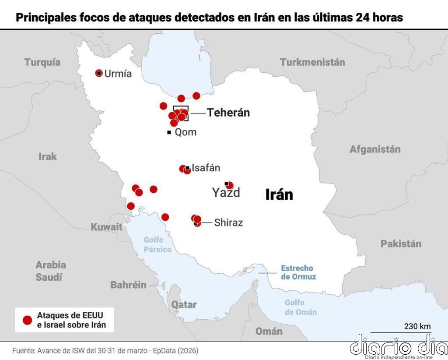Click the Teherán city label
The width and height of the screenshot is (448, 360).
pos(228,113)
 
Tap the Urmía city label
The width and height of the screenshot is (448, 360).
pos(118,74)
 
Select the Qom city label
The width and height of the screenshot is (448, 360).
pos(185,132)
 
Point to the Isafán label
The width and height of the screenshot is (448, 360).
pos(206,168)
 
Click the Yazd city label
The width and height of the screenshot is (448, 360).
pos(226,193)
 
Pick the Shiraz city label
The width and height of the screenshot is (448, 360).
pos(228,222)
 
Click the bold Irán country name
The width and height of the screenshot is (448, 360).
pos(279,194)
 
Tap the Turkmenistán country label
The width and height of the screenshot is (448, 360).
pos(312,62)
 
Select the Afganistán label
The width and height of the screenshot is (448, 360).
pos(375,149)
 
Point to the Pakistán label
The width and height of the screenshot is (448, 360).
pos(401,244)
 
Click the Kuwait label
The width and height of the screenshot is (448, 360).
pos(106,227)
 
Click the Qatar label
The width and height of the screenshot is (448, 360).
pos(184,304)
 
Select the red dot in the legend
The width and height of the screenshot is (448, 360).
pos(28,320)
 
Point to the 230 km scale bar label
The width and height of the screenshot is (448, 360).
pos(417,326)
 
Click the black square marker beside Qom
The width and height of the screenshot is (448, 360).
pos(169,132)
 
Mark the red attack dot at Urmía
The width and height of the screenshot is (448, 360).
pos(99,73)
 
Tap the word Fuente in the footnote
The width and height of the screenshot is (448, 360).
pos(23,351)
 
